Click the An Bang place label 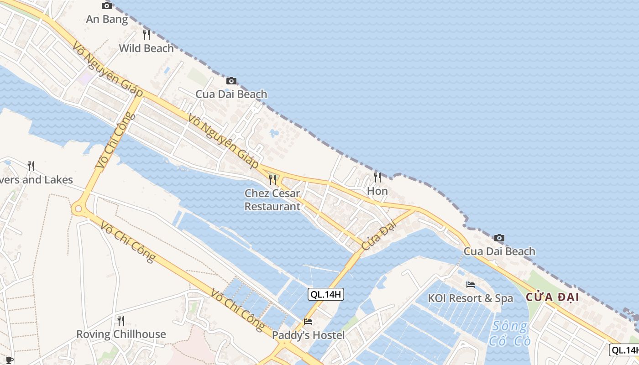click(x=107, y=19)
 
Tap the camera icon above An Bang click(x=107, y=6)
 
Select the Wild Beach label click(x=146, y=48)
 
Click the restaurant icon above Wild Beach click(x=146, y=35)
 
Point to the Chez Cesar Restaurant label click(x=272, y=200)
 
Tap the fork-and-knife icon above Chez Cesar click(x=272, y=179)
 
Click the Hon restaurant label click(x=377, y=191)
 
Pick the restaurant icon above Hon click(x=377, y=177)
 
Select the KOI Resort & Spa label click(x=470, y=298)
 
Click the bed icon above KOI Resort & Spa click(x=471, y=285)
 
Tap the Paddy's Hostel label click(x=308, y=335)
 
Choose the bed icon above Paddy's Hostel click(x=308, y=322)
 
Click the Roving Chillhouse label click(x=121, y=334)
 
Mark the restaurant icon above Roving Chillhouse click(x=121, y=321)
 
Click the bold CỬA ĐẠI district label click(x=552, y=297)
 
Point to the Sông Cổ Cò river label click(x=509, y=334)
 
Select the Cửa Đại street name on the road click(x=378, y=235)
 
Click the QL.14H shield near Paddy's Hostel click(x=325, y=294)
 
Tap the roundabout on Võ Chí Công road click(x=78, y=209)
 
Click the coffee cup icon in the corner click(x=9, y=360)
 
